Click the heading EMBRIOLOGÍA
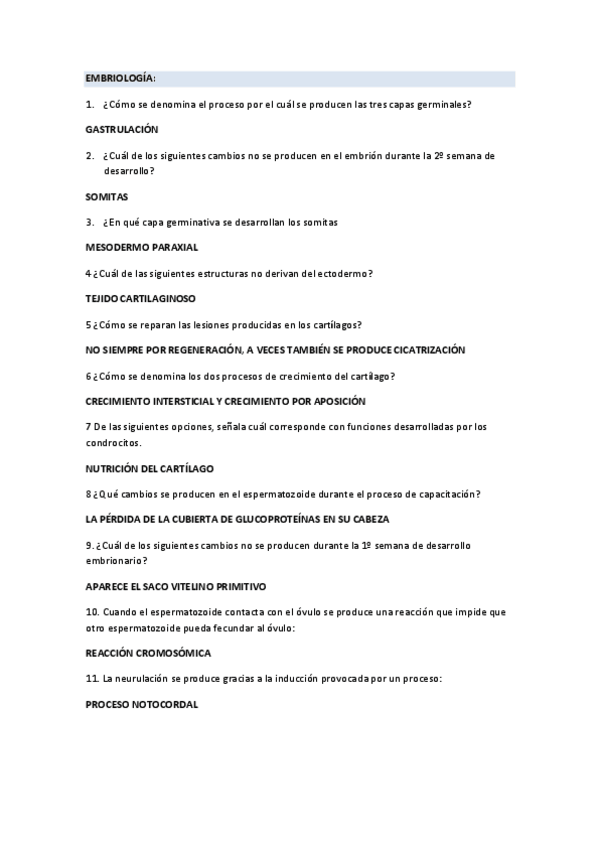coord(119,78)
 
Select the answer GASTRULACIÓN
coord(122,130)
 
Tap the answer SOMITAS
coord(107,197)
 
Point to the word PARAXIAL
coord(172,246)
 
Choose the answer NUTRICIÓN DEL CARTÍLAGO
coord(150,468)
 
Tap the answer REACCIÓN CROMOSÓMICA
coord(148,652)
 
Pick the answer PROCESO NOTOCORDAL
coord(142,704)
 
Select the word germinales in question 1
coord(441,104)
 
